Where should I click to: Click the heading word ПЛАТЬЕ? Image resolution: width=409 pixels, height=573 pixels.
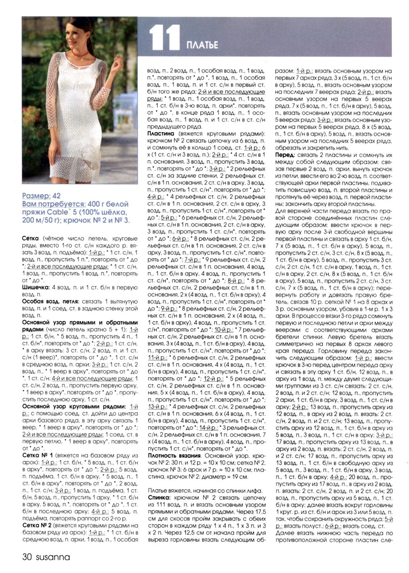coord(202,45)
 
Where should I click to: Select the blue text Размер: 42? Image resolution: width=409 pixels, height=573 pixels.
coord(41,196)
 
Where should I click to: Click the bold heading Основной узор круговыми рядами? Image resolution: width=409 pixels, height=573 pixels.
coord(74,406)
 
